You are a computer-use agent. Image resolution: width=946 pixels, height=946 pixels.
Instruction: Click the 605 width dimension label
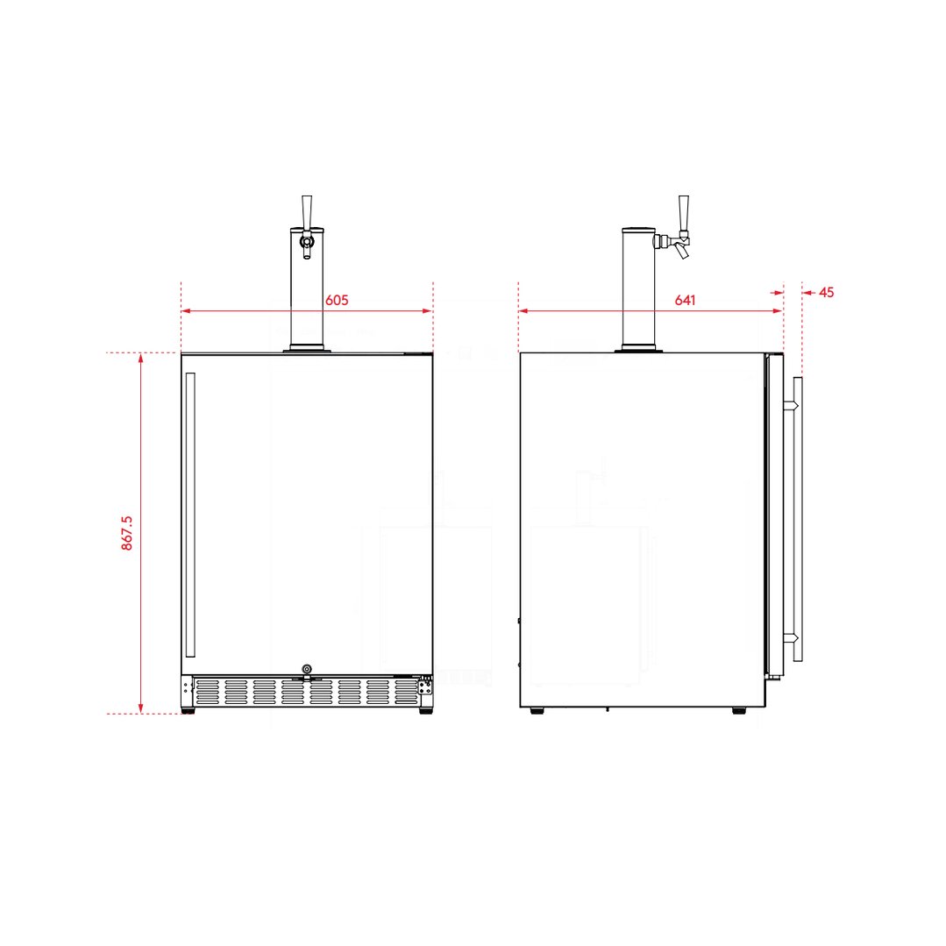pyautogui.click(x=337, y=300)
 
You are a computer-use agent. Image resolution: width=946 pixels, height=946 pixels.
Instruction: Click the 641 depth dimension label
pyautogui.click(x=685, y=300)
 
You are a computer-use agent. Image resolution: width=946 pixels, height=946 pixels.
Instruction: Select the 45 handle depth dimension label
pyautogui.click(x=826, y=292)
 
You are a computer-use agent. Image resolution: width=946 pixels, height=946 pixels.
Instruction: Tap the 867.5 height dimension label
pyautogui.click(x=127, y=533)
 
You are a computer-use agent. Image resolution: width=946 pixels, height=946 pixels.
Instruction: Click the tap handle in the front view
pyautogui.click(x=307, y=211)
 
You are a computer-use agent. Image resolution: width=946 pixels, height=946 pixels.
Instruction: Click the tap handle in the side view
pyautogui.click(x=683, y=211)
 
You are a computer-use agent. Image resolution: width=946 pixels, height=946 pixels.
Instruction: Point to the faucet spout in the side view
pyautogui.click(x=682, y=253)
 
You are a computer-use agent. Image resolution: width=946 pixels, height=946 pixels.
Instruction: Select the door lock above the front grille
pyautogui.click(x=306, y=669)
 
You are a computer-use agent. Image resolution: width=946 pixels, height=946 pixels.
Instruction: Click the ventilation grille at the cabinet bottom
pyautogui.click(x=307, y=692)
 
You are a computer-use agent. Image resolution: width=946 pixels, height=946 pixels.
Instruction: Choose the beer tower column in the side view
pyautogui.click(x=638, y=289)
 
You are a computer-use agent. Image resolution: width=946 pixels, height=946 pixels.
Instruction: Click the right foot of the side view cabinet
pyautogui.click(x=739, y=711)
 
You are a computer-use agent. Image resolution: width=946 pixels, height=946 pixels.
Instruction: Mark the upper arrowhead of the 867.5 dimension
pyautogui.click(x=140, y=359)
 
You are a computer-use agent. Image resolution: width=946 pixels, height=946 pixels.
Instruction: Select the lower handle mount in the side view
pyautogui.click(x=790, y=637)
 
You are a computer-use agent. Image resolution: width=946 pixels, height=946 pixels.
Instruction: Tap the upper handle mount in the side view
pyautogui.click(x=790, y=406)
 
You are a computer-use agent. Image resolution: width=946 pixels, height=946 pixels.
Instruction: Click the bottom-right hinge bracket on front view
pyautogui.click(x=426, y=689)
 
